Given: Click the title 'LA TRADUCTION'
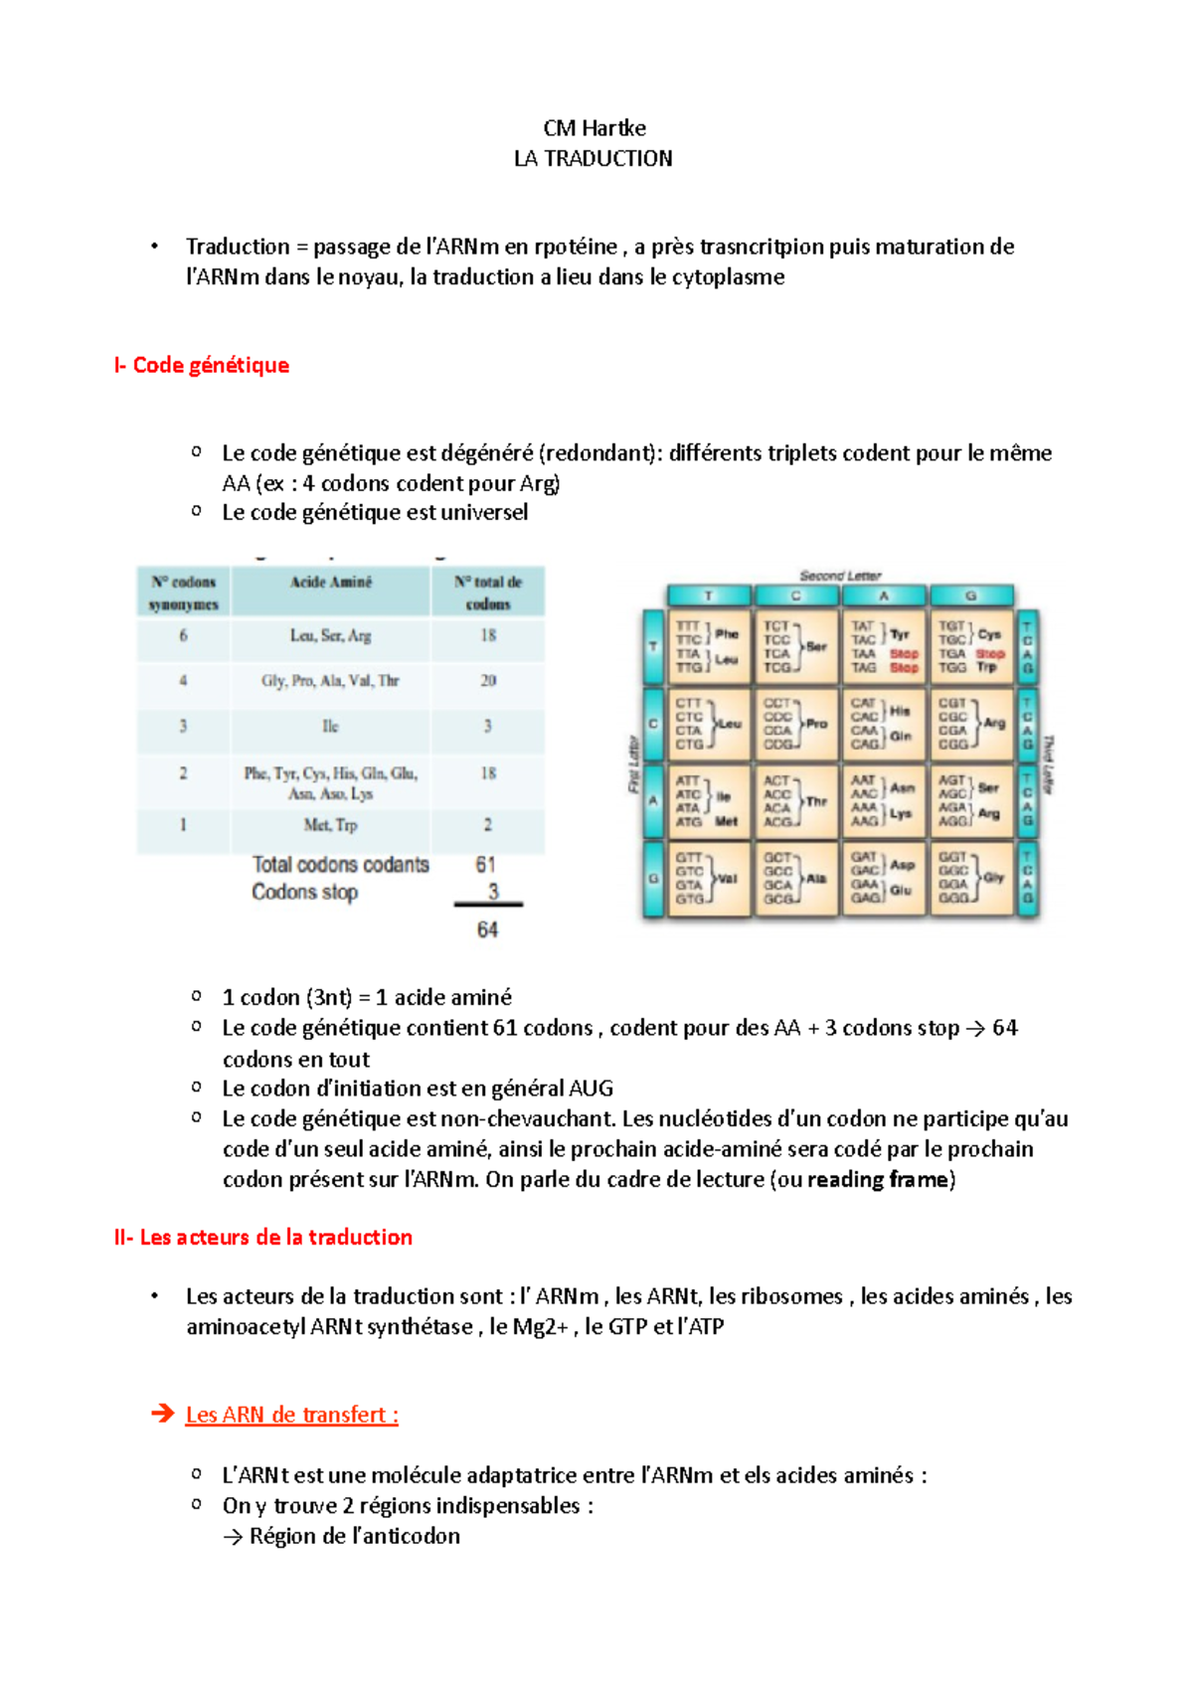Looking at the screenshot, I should coord(594,159).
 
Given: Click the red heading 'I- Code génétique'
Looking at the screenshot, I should coord(202,365).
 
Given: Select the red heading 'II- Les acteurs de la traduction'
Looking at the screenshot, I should coord(263,1238).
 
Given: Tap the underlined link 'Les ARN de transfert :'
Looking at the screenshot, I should coord(291,1415).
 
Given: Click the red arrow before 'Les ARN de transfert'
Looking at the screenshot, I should coord(162,1414).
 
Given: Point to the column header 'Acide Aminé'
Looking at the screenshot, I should coord(330,583).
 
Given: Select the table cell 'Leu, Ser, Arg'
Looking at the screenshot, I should coord(330,636).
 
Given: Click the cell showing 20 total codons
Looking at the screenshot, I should coord(488,681).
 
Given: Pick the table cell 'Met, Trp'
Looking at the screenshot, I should coord(330,825).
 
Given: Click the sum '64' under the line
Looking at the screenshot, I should coord(487,930).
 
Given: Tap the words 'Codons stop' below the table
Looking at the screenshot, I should coord(304,893).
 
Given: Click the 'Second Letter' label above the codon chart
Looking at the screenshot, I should coord(840,576).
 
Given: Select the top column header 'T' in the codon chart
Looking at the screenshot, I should coord(709,596).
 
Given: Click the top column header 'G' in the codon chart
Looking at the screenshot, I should coord(971,596).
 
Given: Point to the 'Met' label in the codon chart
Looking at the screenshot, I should coord(727,821).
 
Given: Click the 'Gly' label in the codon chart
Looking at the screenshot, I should coord(993,878).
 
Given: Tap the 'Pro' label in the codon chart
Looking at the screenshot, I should coord(816,724).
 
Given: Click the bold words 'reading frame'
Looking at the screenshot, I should coord(877,1180).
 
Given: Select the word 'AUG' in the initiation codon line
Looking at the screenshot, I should coord(591,1089).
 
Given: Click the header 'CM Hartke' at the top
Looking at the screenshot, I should coord(595,128).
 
